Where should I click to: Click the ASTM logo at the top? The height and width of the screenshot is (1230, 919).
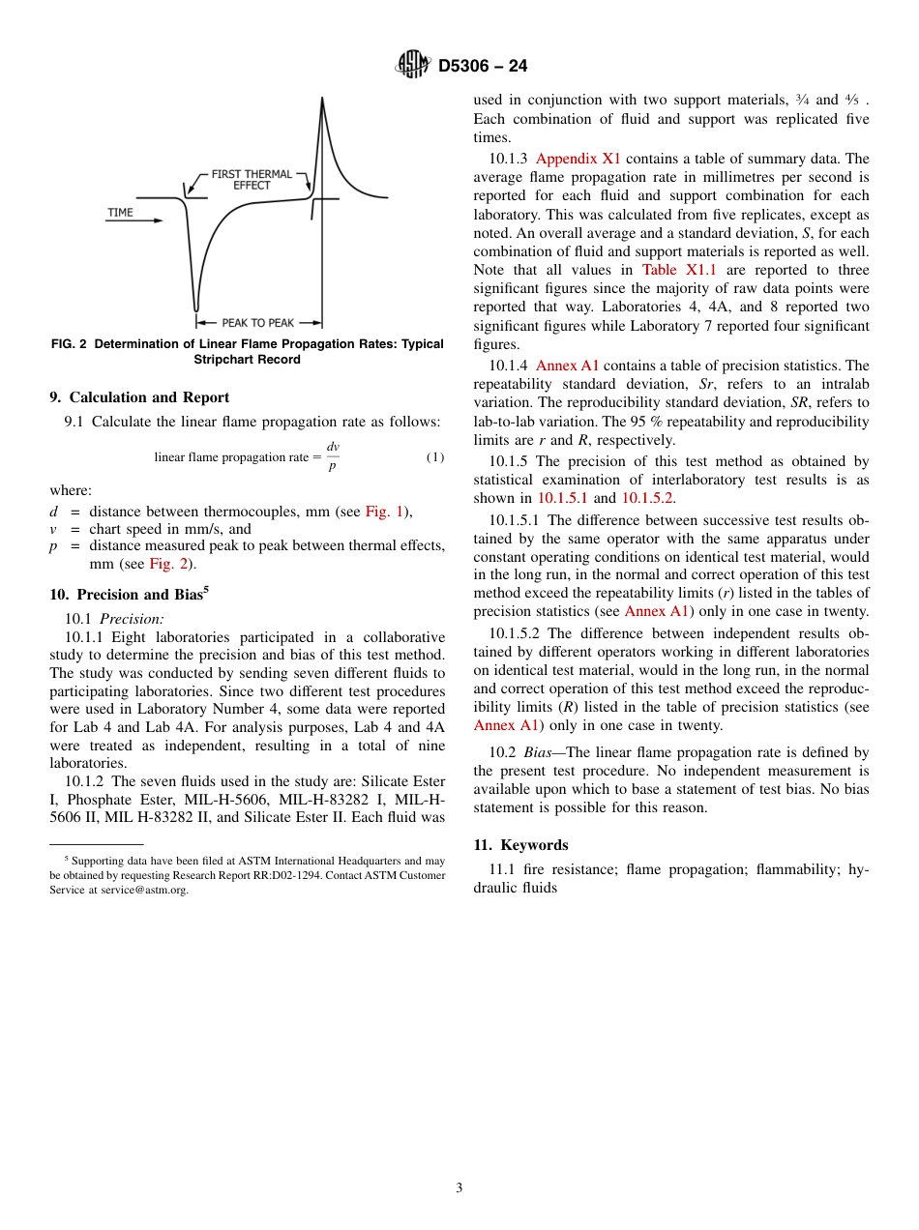point(413,66)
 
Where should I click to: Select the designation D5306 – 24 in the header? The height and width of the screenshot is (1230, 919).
point(483,67)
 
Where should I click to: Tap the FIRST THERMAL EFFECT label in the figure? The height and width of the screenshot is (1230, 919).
point(252,180)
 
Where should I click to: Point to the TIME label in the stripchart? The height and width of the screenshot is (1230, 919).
point(121,212)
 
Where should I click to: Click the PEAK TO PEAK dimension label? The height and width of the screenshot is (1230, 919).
point(257,323)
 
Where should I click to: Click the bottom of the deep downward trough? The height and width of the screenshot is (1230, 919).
point(197,307)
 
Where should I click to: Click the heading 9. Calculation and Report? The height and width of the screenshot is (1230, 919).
point(139,397)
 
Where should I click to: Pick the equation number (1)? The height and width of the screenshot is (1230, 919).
point(434,456)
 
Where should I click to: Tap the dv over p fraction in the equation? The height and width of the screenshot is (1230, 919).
point(333,456)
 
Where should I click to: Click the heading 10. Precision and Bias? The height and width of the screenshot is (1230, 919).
point(129,595)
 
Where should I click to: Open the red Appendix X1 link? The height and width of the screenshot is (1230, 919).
point(578,159)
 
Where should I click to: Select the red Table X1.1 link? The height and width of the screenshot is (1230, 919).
point(679,270)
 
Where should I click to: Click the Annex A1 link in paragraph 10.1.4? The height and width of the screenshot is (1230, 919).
point(567,366)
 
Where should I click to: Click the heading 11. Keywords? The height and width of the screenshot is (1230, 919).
point(520,845)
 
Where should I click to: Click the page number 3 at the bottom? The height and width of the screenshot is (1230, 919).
point(459,1188)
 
